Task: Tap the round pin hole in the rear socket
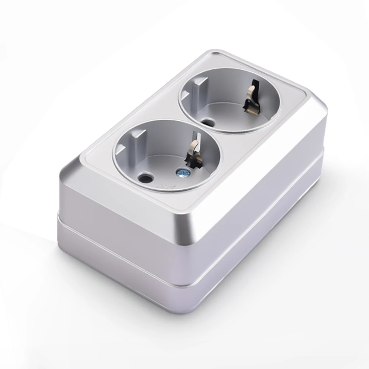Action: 209,121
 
